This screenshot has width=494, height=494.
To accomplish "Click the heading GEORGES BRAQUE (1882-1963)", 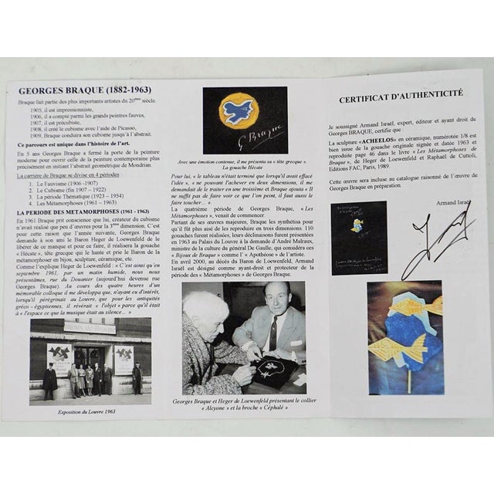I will [x=74, y=90].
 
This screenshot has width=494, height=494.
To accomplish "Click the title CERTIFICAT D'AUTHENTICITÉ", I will [x=401, y=93].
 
